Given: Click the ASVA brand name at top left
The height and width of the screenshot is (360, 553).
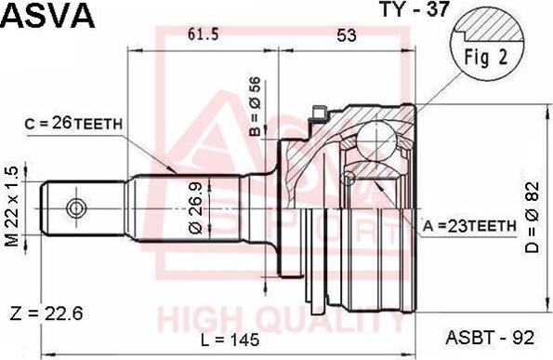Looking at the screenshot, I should tap(47, 16).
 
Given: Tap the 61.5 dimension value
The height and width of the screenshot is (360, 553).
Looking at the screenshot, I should tap(203, 34).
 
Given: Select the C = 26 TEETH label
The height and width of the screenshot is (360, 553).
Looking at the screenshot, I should tap(75, 122).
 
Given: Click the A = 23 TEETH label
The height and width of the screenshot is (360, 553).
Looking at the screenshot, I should tap(468, 225).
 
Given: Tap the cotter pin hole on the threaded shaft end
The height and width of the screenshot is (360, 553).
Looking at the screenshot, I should tap(77, 207).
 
